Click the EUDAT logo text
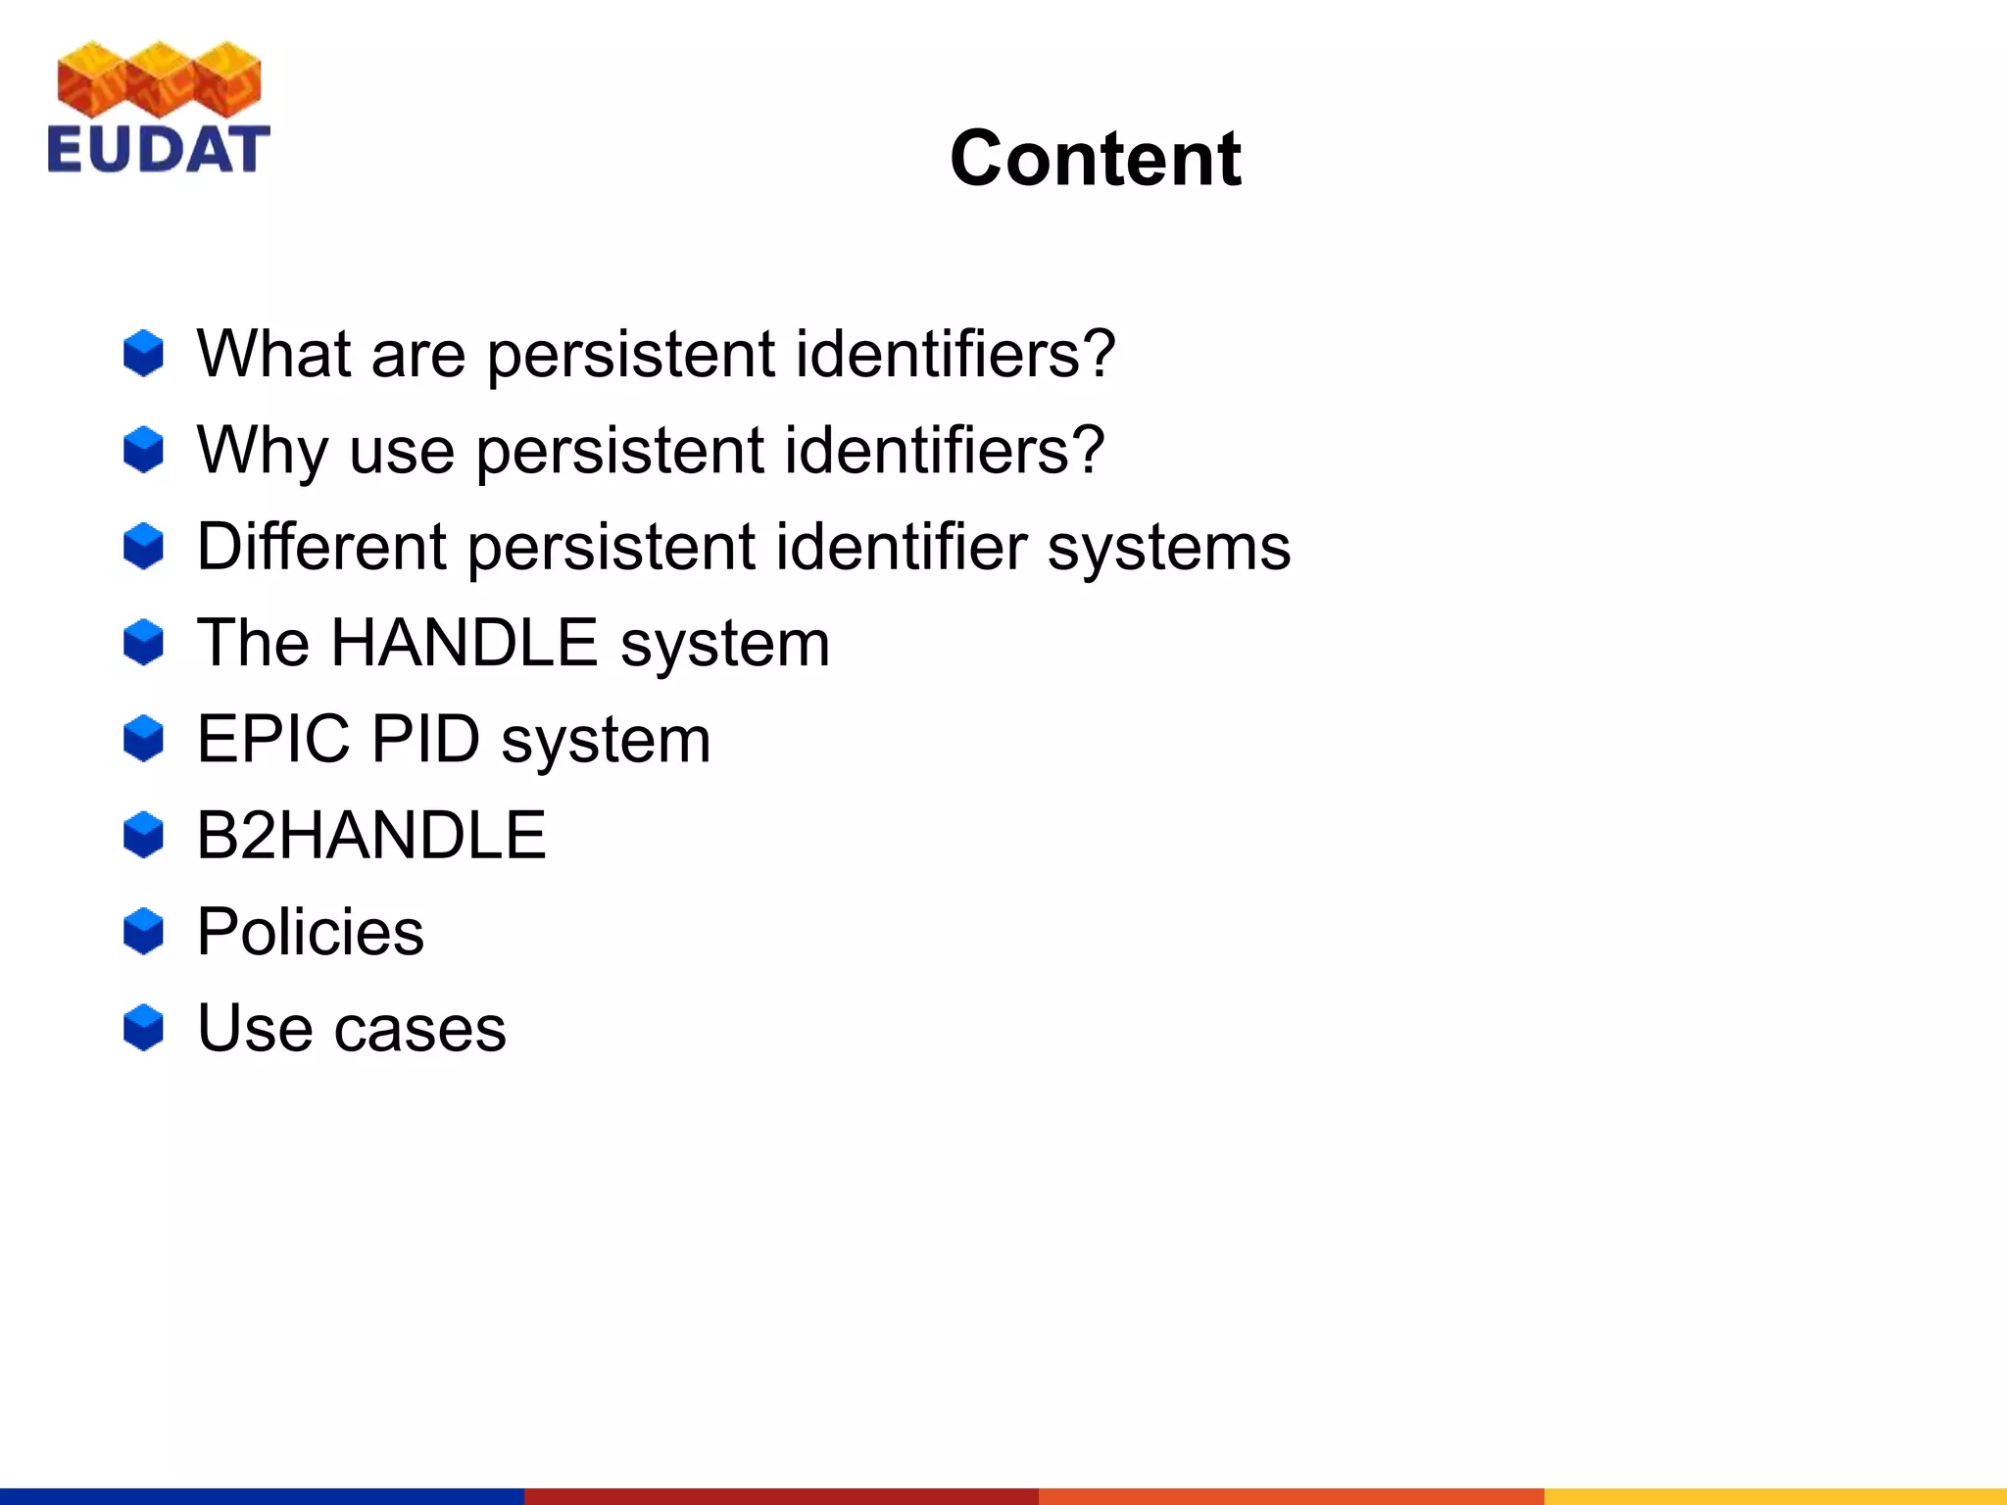click(158, 149)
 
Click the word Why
click(262, 451)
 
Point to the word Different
click(321, 546)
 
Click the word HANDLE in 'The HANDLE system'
click(465, 643)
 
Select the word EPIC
click(273, 739)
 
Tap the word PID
click(425, 739)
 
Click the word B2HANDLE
click(371, 836)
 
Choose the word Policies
click(311, 931)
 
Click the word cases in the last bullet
click(420, 1029)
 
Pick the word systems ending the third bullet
click(1168, 548)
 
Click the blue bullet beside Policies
click(144, 931)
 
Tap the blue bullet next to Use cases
click(144, 1027)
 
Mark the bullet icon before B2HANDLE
click(144, 835)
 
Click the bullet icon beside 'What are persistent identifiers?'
click(144, 353)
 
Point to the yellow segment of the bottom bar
click(1775, 1496)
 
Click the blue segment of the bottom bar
click(262, 1496)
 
